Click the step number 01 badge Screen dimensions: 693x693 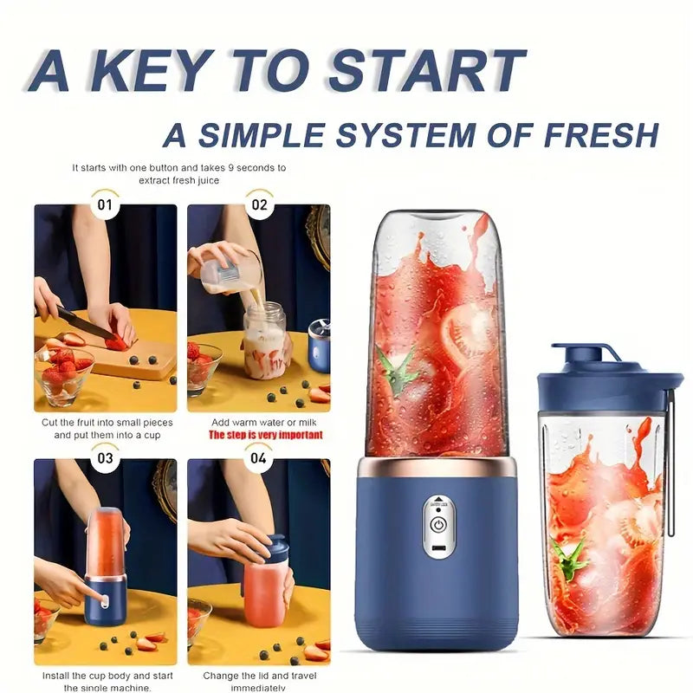point(105,205)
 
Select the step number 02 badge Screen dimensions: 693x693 point(259,205)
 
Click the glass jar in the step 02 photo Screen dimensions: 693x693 point(264,340)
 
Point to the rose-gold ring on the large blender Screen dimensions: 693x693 point(436,468)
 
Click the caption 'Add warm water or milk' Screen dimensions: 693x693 point(258,421)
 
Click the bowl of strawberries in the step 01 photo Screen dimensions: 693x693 point(63,374)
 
